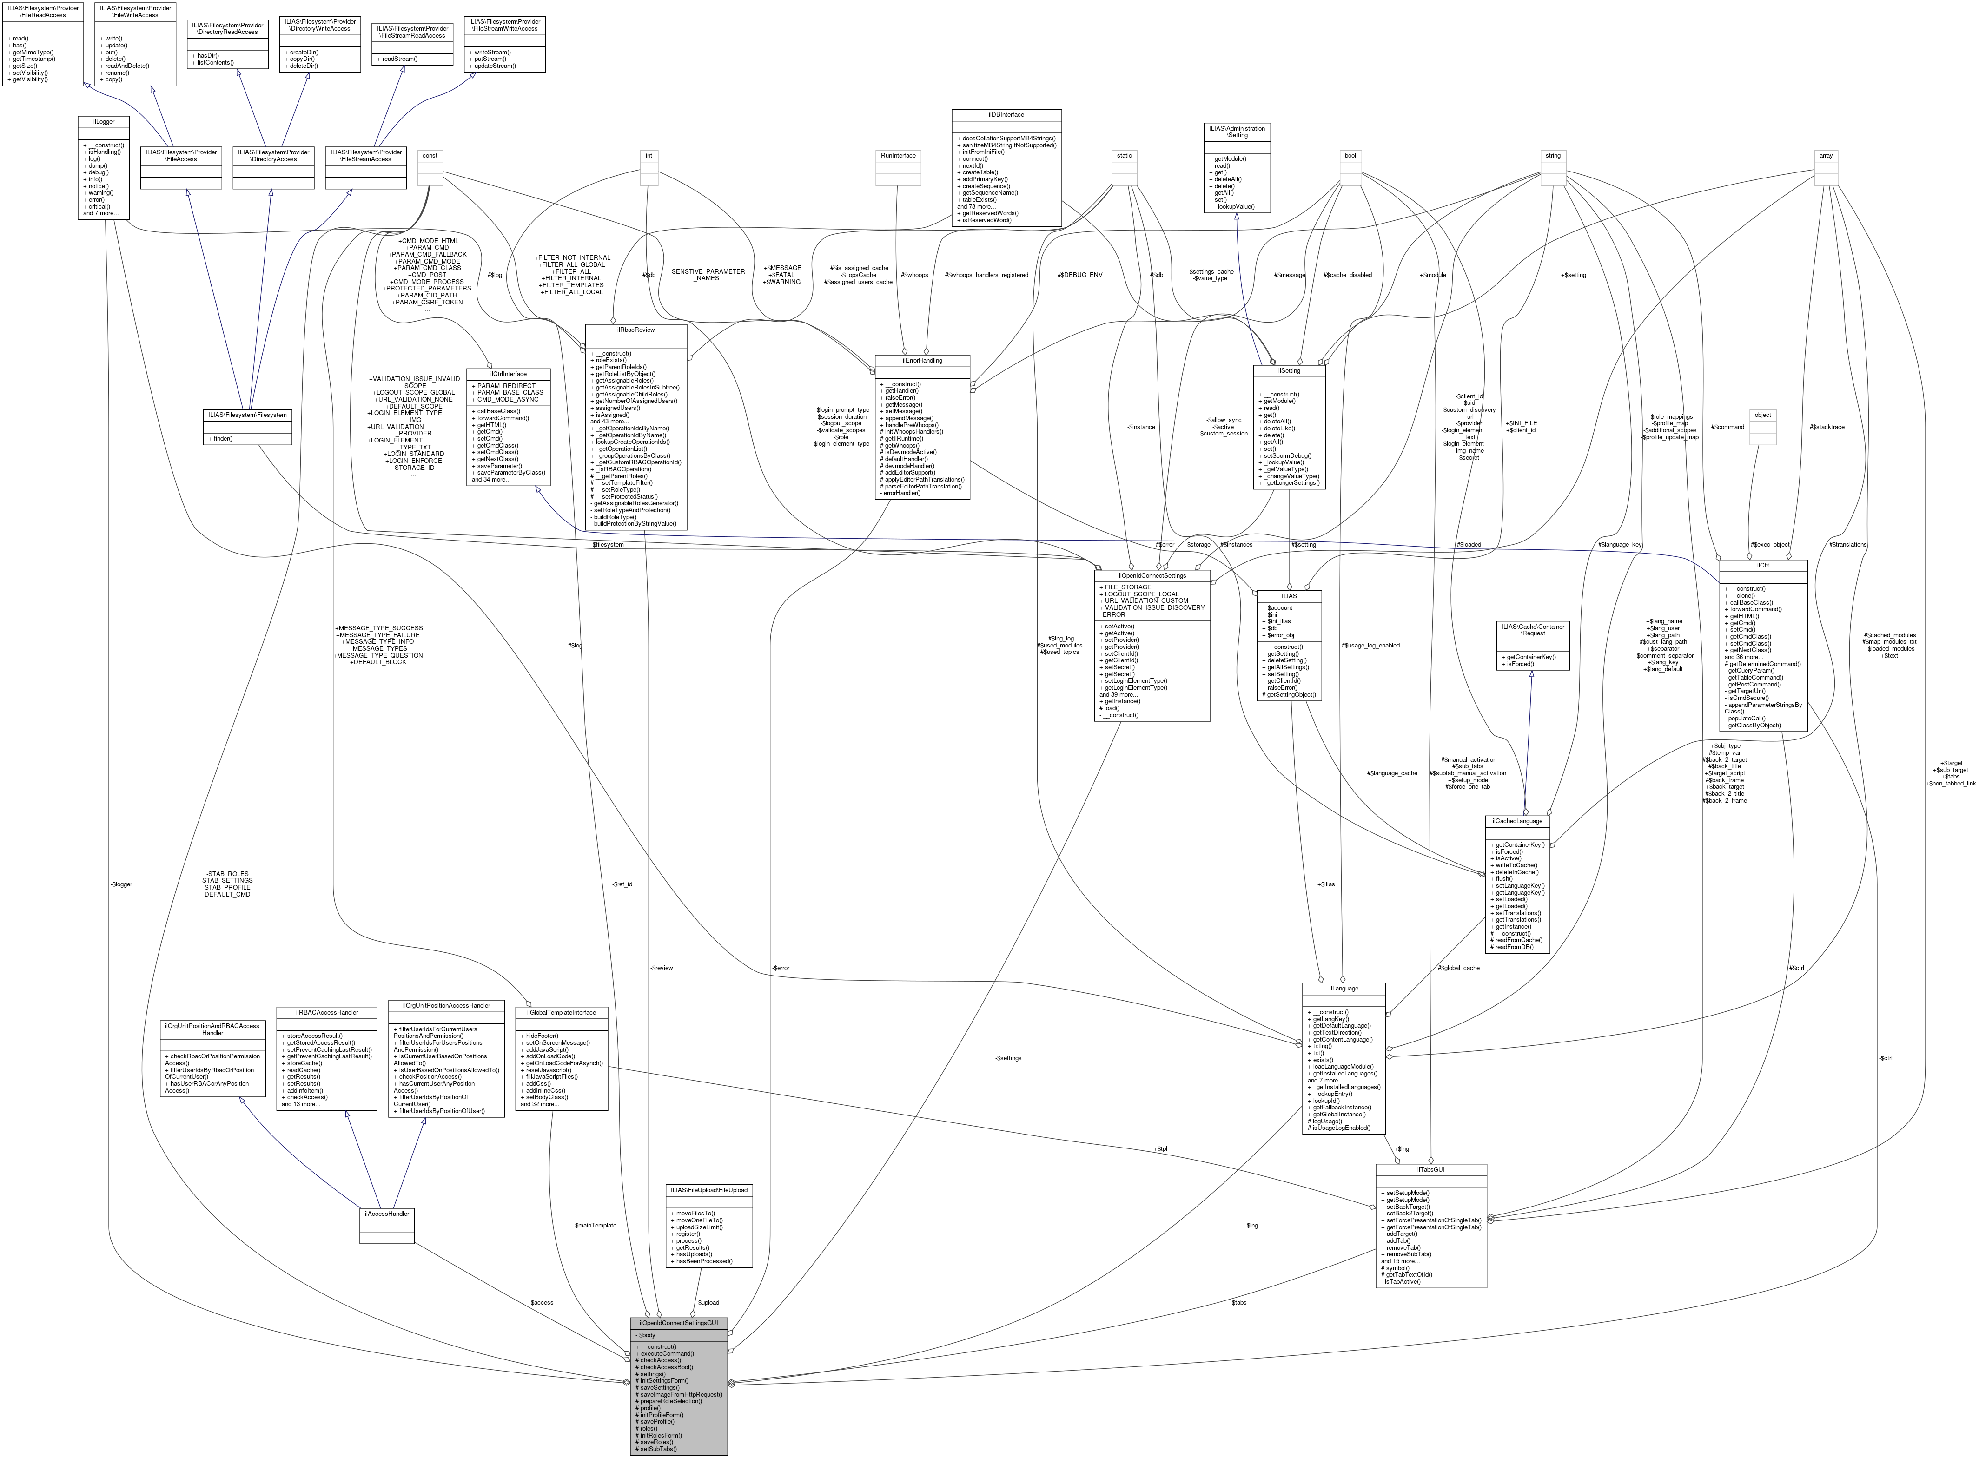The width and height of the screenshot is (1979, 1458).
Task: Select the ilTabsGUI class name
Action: [x=1430, y=1169]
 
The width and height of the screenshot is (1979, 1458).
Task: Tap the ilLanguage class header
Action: [x=1343, y=989]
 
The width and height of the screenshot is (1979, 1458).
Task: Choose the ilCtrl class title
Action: [x=1763, y=565]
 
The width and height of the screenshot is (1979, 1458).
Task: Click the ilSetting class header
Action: [x=1290, y=371]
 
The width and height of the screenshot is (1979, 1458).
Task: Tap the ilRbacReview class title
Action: [x=635, y=329]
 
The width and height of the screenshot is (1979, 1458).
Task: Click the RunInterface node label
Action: [x=898, y=155]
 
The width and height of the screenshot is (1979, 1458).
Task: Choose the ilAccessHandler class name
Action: [x=387, y=1214]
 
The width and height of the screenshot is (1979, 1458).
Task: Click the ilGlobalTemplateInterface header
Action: [x=562, y=1012]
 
